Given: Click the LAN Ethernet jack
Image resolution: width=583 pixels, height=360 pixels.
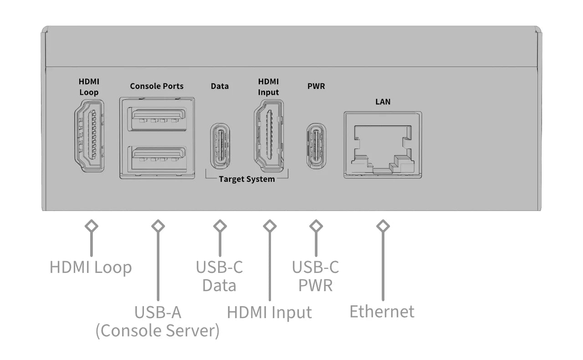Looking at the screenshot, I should [383, 145].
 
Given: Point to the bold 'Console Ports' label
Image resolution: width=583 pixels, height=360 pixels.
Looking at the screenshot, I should [157, 86].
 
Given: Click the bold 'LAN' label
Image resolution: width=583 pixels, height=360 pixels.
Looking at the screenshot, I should [383, 102].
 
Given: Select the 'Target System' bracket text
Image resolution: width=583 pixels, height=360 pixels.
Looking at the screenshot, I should [247, 179].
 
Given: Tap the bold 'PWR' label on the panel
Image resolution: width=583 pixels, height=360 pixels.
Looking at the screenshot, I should [316, 86].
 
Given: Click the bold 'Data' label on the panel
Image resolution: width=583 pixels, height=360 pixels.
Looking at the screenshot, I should [220, 86].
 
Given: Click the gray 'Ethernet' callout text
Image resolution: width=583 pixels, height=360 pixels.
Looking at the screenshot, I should [382, 312].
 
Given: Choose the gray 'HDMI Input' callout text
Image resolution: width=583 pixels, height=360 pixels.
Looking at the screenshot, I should [269, 313].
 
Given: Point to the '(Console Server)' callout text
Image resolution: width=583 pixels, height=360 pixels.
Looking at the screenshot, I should [157, 331].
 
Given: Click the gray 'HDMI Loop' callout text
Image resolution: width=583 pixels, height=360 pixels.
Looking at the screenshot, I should [91, 267].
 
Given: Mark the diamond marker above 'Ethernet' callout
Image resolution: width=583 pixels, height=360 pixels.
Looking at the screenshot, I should [383, 226].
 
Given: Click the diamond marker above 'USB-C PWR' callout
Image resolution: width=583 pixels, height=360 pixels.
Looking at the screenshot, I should [316, 226].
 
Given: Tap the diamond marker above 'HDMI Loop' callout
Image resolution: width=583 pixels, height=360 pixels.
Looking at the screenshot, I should [92, 226].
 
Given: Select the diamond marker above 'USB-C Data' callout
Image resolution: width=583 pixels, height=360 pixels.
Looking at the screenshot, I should [220, 226].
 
